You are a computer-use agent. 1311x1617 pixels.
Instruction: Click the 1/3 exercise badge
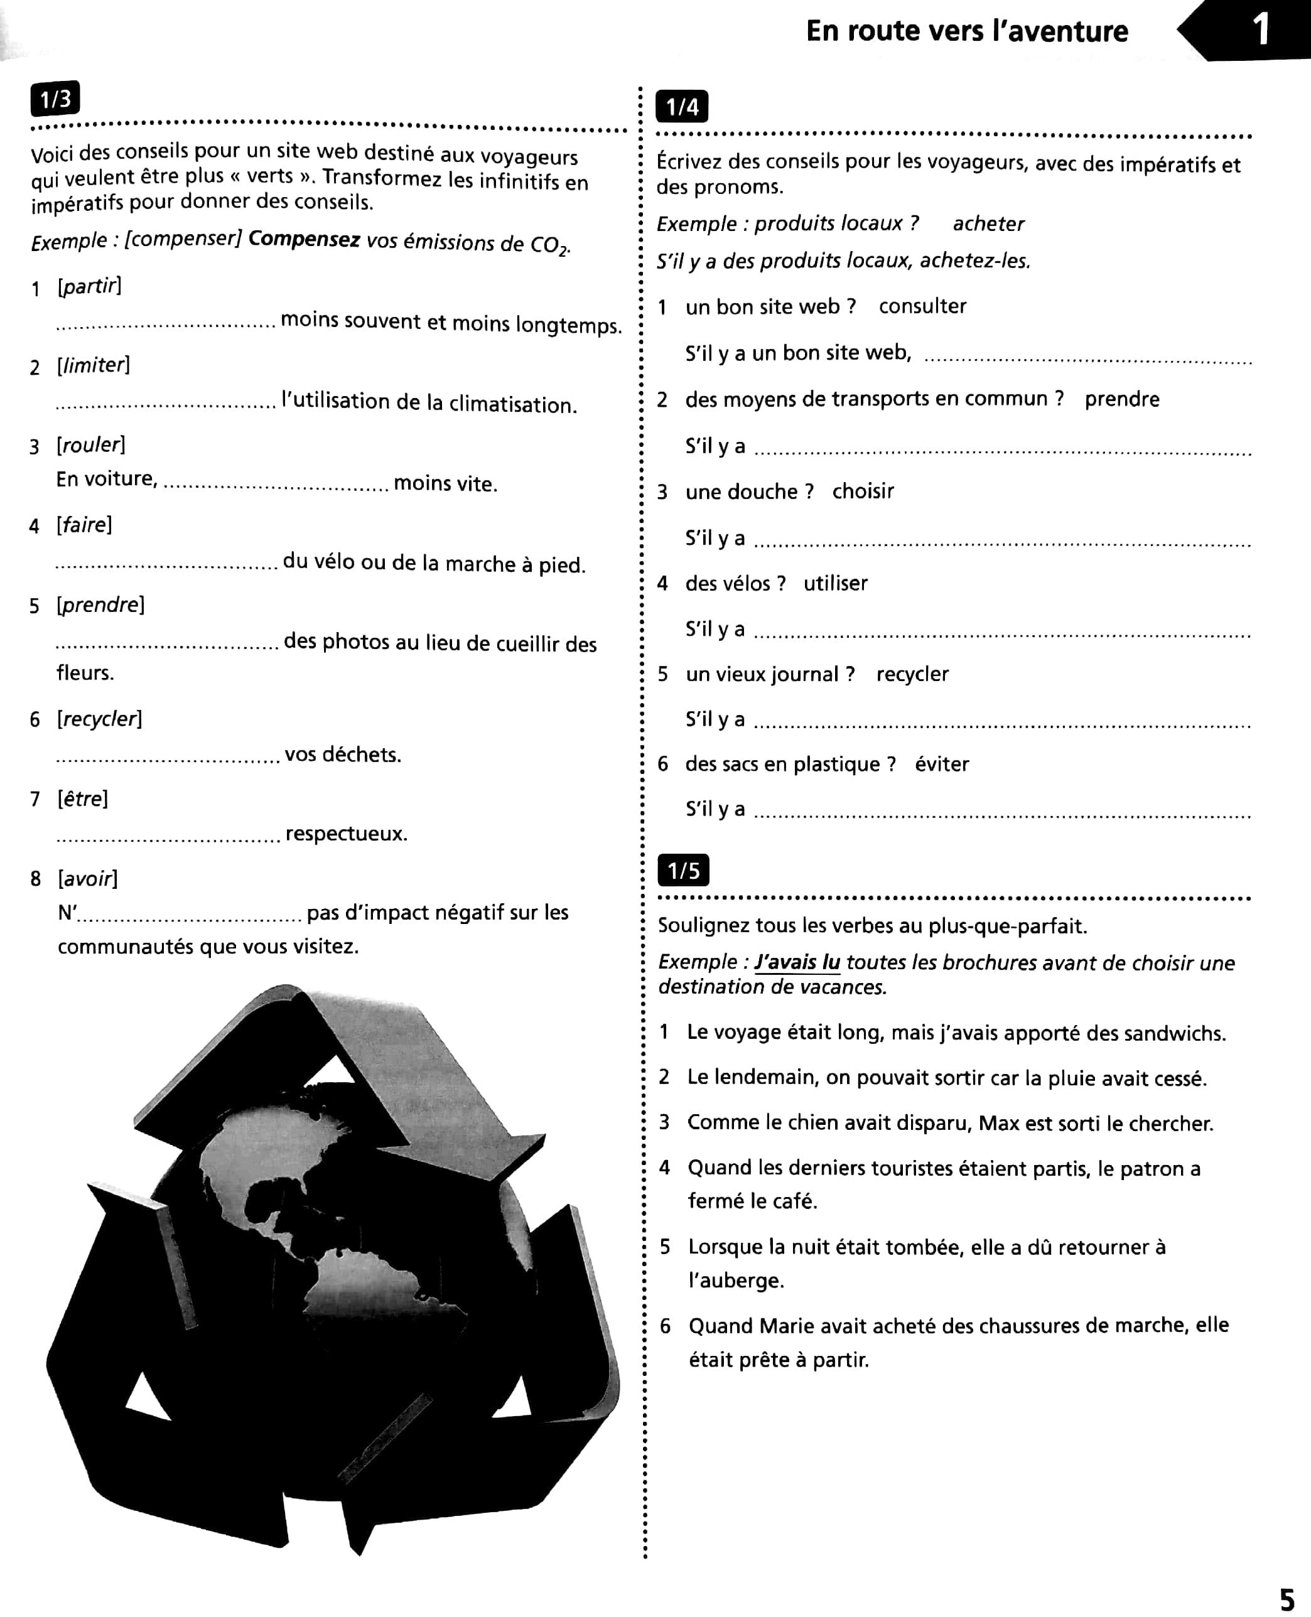[x=55, y=99]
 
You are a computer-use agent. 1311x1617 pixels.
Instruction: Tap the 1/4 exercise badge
[x=682, y=107]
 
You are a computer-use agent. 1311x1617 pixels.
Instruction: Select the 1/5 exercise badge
[x=684, y=871]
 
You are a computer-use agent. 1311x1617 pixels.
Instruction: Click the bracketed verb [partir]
[x=89, y=286]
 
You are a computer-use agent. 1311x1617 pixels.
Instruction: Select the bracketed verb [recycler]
[x=99, y=719]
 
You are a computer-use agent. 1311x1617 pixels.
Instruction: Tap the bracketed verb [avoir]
[x=88, y=879]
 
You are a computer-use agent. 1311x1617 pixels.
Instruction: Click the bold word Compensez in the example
[x=304, y=239]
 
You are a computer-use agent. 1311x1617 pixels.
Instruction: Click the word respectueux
[x=346, y=834]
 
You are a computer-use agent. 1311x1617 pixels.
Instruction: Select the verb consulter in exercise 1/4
[x=922, y=306]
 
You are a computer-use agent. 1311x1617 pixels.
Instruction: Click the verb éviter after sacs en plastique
[x=941, y=764]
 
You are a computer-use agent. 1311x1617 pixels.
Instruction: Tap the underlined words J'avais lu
[x=797, y=962]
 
